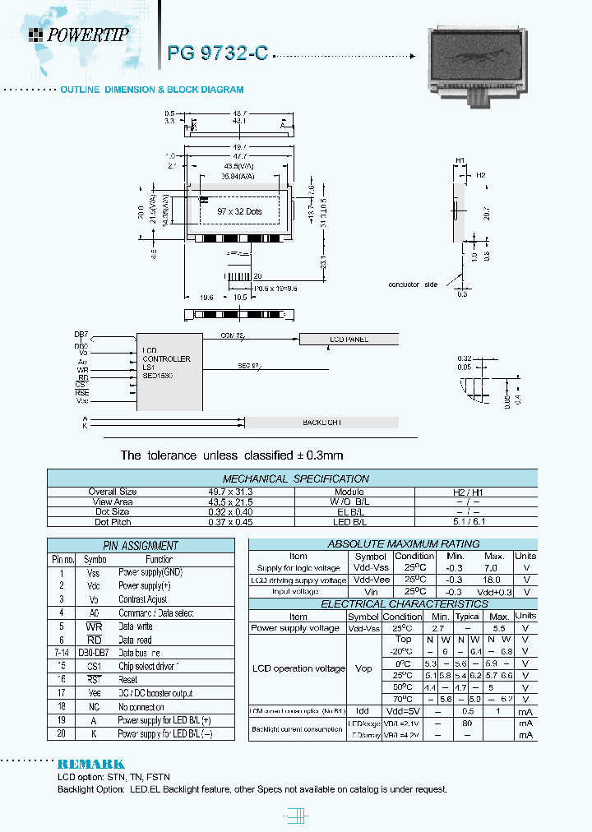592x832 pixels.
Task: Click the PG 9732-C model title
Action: (217, 53)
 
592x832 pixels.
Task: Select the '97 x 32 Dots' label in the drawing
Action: (239, 211)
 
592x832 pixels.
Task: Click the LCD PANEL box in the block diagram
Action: (349, 339)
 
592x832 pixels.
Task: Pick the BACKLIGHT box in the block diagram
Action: (322, 422)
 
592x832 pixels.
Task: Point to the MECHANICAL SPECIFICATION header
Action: (295, 478)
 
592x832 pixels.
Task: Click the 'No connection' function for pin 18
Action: (141, 707)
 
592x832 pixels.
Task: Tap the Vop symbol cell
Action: (363, 668)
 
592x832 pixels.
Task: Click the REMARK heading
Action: (90, 764)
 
